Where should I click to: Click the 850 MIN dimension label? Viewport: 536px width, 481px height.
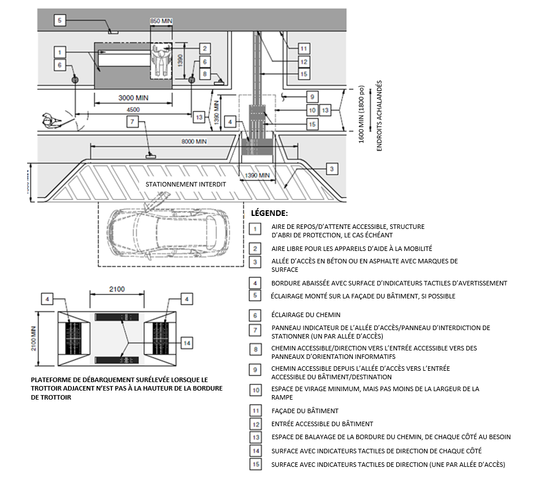[x=161, y=21]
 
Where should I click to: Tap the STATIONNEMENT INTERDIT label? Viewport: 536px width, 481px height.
[x=185, y=184]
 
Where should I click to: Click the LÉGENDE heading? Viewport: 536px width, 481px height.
[x=269, y=214]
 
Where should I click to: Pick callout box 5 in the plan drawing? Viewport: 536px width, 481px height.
[x=61, y=21]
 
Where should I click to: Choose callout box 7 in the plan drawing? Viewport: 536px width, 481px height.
[x=131, y=122]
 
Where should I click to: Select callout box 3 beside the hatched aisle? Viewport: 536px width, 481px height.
[x=332, y=168]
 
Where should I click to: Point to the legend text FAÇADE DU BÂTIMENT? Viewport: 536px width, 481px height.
[x=305, y=411]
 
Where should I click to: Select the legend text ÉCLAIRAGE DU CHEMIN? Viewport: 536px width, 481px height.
[x=306, y=315]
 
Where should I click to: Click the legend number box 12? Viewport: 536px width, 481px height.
[x=256, y=423]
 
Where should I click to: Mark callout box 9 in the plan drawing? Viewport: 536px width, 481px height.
[x=312, y=96]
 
